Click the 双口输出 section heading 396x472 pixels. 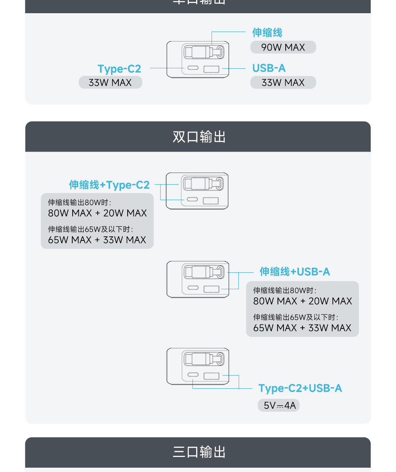coord(199,137)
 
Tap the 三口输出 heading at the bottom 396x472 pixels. coord(199,452)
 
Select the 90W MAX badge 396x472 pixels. coord(283,47)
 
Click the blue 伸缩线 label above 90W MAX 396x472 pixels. coord(267,33)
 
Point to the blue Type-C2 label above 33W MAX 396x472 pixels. coord(119,69)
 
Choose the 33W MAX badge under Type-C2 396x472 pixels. coord(110,83)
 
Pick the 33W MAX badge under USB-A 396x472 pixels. coord(283,83)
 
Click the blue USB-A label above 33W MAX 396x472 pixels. coord(269,68)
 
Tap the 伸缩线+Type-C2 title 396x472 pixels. coord(109,185)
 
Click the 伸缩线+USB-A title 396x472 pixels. coord(295,272)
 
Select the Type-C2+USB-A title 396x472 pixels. coord(300,388)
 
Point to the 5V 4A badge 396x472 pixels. coord(279,406)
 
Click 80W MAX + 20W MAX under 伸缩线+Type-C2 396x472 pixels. coord(97,213)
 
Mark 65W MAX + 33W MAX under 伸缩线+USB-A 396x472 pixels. coord(302,328)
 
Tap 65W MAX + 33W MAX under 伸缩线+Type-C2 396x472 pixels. coord(97,240)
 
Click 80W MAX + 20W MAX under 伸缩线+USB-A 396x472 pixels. coord(302,301)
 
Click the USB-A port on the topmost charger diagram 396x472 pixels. coord(211,69)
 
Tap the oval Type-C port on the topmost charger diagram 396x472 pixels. coord(193,68)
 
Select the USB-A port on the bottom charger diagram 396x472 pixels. coord(211,376)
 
